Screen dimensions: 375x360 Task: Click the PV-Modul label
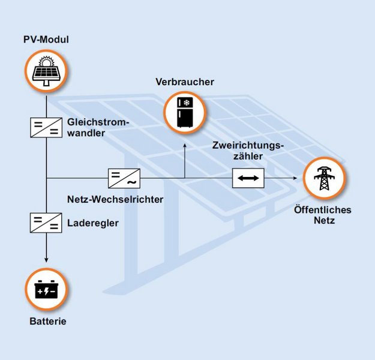pos(46,40)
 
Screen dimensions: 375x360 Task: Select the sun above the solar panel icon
pos(46,62)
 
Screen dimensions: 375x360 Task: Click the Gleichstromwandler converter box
pos(46,127)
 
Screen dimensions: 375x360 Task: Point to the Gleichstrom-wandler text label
pos(98,127)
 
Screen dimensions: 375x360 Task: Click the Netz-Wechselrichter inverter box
pos(124,178)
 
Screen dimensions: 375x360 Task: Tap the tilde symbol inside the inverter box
pos(132,182)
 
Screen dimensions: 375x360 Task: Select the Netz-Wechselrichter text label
pos(115,199)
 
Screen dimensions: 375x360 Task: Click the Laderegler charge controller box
pos(46,223)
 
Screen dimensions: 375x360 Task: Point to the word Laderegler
pos(93,223)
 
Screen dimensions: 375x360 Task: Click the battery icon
pos(46,289)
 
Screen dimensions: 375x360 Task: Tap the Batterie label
pos(48,321)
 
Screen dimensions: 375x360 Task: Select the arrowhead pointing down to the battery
pos(46,260)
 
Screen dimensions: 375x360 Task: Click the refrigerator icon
pos(185,112)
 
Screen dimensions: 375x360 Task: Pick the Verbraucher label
pos(185,82)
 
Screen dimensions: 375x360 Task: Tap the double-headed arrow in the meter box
pos(248,178)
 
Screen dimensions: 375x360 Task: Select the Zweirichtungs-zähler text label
pos(248,151)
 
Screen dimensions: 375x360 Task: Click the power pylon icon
pos(324,178)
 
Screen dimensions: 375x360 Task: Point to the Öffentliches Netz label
pos(323,215)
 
